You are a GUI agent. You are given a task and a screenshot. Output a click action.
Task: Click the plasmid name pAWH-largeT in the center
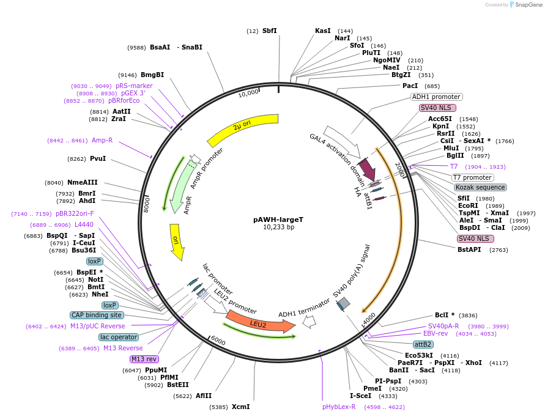(x=278, y=219)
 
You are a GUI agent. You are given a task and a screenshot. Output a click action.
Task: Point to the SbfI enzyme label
(x=269, y=31)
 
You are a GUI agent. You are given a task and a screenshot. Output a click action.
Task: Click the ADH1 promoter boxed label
(x=436, y=97)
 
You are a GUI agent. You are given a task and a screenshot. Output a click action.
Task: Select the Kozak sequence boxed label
(x=480, y=187)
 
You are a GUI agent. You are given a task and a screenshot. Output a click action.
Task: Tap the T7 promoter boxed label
(x=472, y=177)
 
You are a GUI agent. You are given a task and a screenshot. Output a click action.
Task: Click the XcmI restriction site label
(x=240, y=407)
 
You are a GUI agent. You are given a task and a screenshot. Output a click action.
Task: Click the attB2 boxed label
(x=423, y=344)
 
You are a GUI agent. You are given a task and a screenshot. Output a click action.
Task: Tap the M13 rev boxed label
(x=144, y=359)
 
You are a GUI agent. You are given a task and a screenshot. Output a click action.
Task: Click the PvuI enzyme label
(x=98, y=158)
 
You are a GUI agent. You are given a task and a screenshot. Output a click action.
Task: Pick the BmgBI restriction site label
(x=152, y=75)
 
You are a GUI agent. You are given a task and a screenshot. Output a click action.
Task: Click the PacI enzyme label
(x=410, y=86)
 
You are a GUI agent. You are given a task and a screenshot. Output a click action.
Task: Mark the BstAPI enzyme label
(x=470, y=249)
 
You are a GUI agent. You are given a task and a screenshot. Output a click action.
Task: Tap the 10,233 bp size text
(x=278, y=227)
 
